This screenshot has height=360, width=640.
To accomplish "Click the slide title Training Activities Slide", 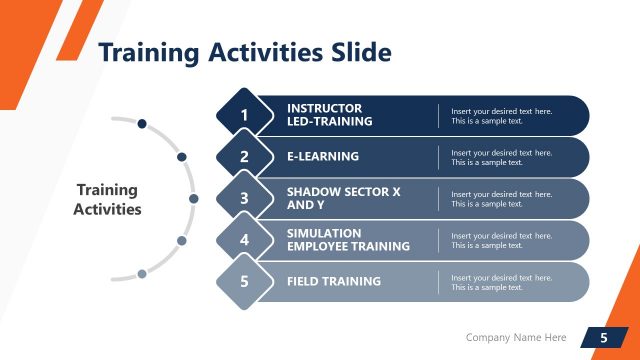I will tap(244, 52).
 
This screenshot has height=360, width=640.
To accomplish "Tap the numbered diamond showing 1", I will tap(244, 116).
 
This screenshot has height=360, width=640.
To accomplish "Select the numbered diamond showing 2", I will tap(244, 157).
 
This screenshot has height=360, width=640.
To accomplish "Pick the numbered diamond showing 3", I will tap(244, 199).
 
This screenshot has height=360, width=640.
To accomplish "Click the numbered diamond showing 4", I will tap(244, 240).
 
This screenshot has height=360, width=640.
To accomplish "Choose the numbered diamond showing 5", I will tap(244, 282).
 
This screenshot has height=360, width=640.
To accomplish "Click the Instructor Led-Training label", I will tap(329, 115).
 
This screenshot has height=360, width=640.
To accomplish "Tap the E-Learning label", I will tap(322, 157).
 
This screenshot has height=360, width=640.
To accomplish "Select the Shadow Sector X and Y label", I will tap(343, 198).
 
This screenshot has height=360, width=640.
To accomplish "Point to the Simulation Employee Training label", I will tap(348, 239).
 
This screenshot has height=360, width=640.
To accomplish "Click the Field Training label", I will tap(333, 282).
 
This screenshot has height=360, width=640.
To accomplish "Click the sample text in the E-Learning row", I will tap(501, 157).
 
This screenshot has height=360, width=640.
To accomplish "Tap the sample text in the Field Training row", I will tap(501, 282).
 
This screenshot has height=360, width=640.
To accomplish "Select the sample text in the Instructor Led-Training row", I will tap(501, 115).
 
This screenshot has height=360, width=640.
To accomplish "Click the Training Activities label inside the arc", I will tap(108, 199).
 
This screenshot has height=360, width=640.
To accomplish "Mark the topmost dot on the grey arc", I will tap(142, 124).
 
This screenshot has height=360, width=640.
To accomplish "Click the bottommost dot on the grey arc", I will tap(142, 273).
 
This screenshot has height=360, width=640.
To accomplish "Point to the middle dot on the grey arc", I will tap(194, 198).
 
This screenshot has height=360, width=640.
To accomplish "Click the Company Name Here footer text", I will tap(516, 338).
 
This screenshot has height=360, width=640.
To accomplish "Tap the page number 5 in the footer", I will tap(603, 338).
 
